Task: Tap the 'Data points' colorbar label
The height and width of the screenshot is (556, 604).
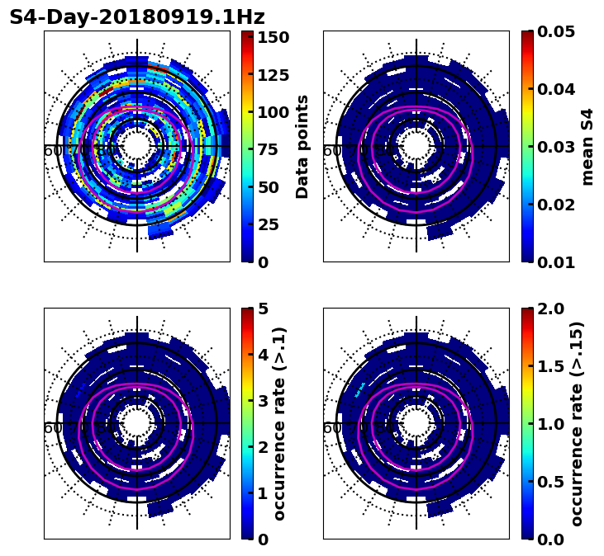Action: point(302,147)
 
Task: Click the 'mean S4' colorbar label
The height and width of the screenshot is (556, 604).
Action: point(587,147)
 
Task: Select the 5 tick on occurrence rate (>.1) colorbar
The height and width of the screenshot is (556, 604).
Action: point(263,309)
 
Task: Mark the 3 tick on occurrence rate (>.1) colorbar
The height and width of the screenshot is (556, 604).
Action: point(263,401)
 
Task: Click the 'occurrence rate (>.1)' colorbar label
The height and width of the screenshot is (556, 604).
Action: point(279,424)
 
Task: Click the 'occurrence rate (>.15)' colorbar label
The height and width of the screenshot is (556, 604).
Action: point(577,424)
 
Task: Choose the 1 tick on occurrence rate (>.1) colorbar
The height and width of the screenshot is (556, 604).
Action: point(263,493)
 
